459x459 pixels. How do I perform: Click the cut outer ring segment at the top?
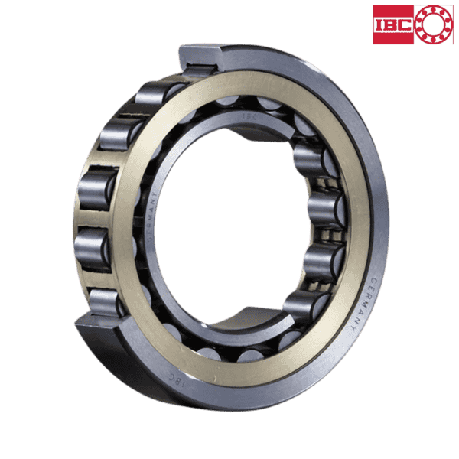[200, 58]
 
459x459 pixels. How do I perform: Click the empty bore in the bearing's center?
[222, 222]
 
